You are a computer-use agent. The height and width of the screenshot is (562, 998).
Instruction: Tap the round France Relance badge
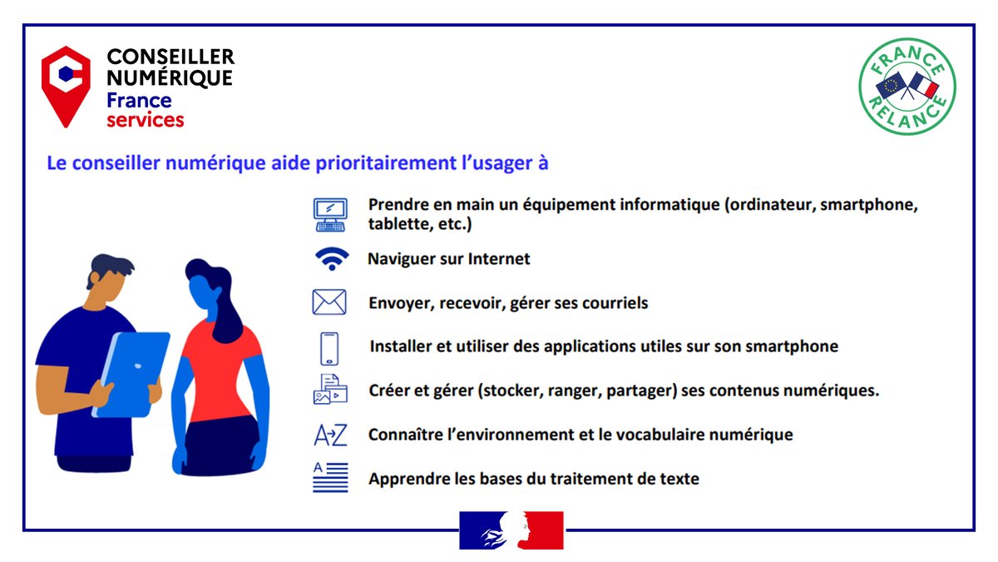(x=907, y=85)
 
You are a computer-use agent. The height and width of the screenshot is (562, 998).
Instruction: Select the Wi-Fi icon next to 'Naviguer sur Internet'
(x=332, y=259)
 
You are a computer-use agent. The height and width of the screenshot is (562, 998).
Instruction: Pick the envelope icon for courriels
(x=329, y=302)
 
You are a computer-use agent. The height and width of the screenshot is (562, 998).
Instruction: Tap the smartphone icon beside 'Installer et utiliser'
(x=329, y=348)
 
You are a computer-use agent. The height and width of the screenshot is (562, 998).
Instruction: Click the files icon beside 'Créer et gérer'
(x=329, y=390)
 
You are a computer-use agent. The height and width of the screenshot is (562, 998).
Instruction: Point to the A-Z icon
(x=329, y=435)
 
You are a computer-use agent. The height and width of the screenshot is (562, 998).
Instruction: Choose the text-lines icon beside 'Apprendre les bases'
(x=329, y=478)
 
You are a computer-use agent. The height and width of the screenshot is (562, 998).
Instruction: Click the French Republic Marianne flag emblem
(x=511, y=530)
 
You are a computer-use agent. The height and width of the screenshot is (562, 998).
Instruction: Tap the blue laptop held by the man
(x=132, y=372)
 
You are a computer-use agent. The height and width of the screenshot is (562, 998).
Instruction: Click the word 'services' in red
(x=145, y=120)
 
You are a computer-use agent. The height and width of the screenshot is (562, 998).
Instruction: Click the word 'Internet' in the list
(x=499, y=259)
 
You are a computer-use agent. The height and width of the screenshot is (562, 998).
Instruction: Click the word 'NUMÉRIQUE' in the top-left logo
(x=170, y=78)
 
